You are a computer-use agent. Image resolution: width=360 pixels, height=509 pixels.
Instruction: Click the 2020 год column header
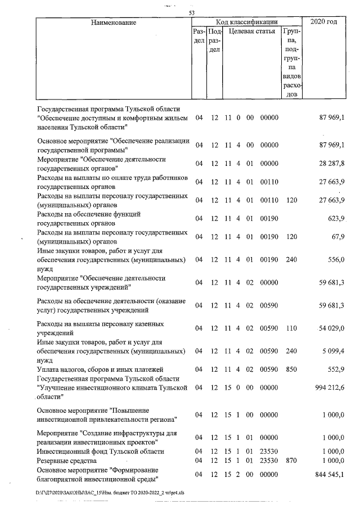323,22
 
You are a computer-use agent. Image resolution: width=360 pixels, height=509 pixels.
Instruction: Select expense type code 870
291,460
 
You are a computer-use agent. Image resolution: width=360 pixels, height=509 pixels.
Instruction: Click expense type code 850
291,370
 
